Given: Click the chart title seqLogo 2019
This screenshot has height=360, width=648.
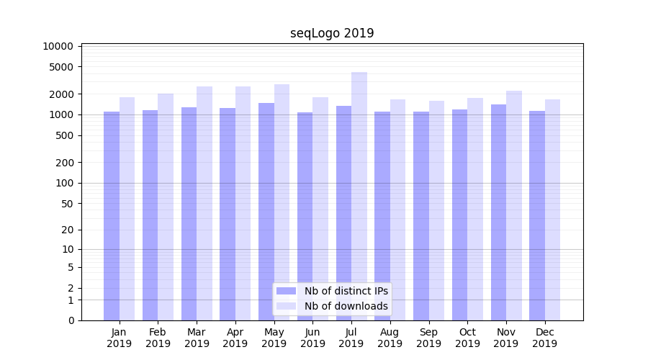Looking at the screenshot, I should [x=332, y=33].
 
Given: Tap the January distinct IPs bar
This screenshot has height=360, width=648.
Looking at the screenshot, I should [x=112, y=216].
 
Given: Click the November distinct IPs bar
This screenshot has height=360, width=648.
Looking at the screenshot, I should [x=498, y=212].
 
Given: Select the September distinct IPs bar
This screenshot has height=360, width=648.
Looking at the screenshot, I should [x=421, y=216].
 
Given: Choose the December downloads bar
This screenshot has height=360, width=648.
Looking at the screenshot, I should [x=552, y=210].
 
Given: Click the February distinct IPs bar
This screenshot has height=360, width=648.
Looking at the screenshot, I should [x=150, y=215].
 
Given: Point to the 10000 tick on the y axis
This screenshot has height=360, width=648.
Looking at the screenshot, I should [x=58, y=46].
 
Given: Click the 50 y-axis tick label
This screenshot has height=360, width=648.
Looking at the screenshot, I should [x=67, y=204].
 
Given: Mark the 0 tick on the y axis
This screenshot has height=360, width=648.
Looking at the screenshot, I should [x=71, y=320].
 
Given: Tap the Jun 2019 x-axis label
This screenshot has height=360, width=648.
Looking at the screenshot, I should [x=312, y=338].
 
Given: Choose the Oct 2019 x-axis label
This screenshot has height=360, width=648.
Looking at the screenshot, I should [x=467, y=338].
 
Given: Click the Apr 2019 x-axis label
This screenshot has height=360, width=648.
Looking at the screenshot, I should [x=235, y=338].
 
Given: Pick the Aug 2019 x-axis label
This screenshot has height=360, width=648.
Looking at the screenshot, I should [x=390, y=338].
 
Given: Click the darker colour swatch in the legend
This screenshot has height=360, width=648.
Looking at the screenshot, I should [x=286, y=291].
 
